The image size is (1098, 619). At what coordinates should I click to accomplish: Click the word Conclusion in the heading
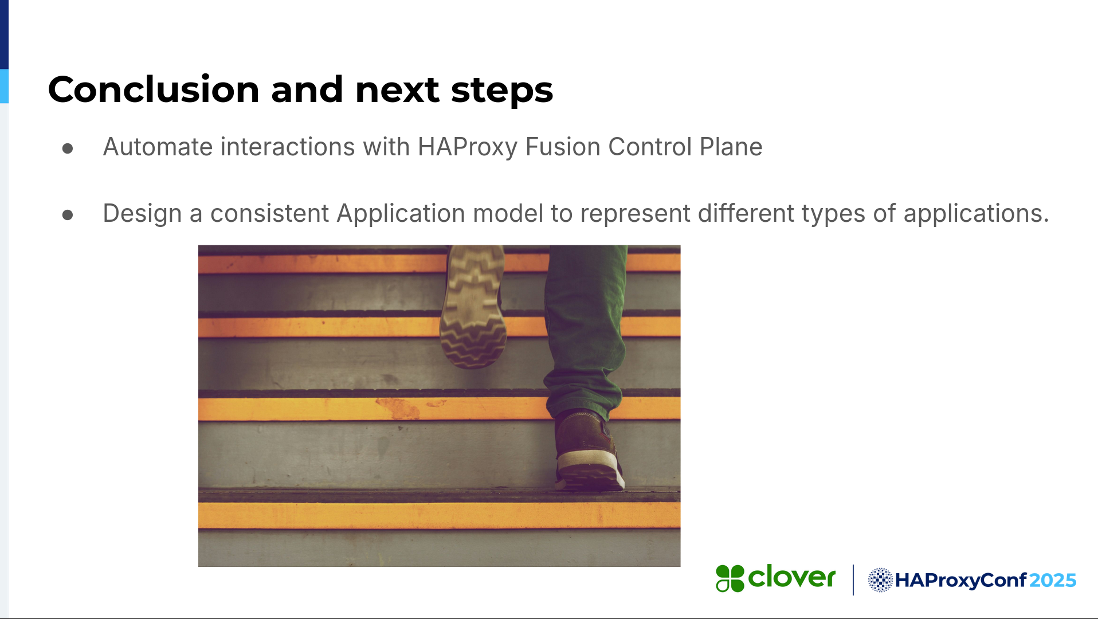click(x=154, y=89)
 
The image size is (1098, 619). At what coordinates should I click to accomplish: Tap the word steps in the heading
click(x=502, y=91)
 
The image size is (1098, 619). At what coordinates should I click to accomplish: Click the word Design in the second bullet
click(x=142, y=214)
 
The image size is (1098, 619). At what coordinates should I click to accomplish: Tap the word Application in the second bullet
click(x=401, y=214)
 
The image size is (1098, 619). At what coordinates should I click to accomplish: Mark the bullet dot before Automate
click(x=68, y=148)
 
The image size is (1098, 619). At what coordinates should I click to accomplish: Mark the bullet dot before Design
click(x=68, y=215)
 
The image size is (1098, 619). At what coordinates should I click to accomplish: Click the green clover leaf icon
click(x=730, y=578)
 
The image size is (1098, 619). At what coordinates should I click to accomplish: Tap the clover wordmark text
click(x=792, y=577)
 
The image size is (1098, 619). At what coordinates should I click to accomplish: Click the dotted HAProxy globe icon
click(x=880, y=580)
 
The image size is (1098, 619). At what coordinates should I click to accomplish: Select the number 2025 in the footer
click(x=1053, y=581)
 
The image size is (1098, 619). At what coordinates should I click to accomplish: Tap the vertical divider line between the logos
click(x=853, y=580)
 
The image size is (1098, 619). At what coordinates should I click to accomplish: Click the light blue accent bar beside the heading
click(x=4, y=87)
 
